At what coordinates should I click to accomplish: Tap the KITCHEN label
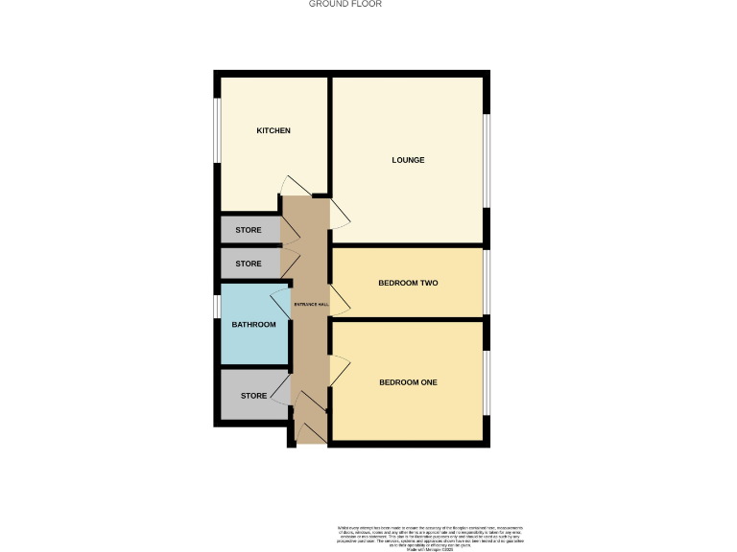click(273, 130)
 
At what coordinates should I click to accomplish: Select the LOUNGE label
click(408, 160)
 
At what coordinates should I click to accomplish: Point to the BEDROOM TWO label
click(408, 283)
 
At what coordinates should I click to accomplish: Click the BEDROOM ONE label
click(408, 382)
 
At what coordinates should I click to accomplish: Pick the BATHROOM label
click(253, 325)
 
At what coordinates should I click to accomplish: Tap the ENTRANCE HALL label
click(310, 304)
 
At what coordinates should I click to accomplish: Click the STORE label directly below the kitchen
click(249, 230)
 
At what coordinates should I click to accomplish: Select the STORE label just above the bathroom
click(249, 264)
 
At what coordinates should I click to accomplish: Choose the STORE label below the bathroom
click(253, 396)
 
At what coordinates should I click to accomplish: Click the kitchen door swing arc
click(290, 185)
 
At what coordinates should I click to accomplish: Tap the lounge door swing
click(340, 214)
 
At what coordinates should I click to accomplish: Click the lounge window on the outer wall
click(487, 160)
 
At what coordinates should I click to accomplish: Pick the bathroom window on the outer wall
click(217, 307)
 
